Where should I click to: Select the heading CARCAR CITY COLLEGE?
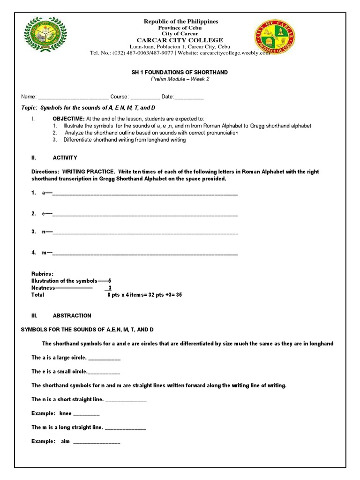(x=180, y=40)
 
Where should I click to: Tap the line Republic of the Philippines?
(x=180, y=22)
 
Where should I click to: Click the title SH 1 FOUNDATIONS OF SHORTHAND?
(x=180, y=72)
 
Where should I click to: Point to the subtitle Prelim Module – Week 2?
(x=180, y=79)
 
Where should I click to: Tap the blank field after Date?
(x=189, y=97)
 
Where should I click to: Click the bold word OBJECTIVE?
(x=68, y=119)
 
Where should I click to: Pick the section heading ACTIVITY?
(x=65, y=158)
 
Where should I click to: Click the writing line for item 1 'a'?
(x=145, y=194)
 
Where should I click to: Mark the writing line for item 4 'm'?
(x=145, y=254)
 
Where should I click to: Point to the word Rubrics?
(x=42, y=274)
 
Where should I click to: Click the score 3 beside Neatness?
(x=110, y=288)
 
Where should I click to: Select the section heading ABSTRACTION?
(x=72, y=316)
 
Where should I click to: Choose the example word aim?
(x=65, y=442)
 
